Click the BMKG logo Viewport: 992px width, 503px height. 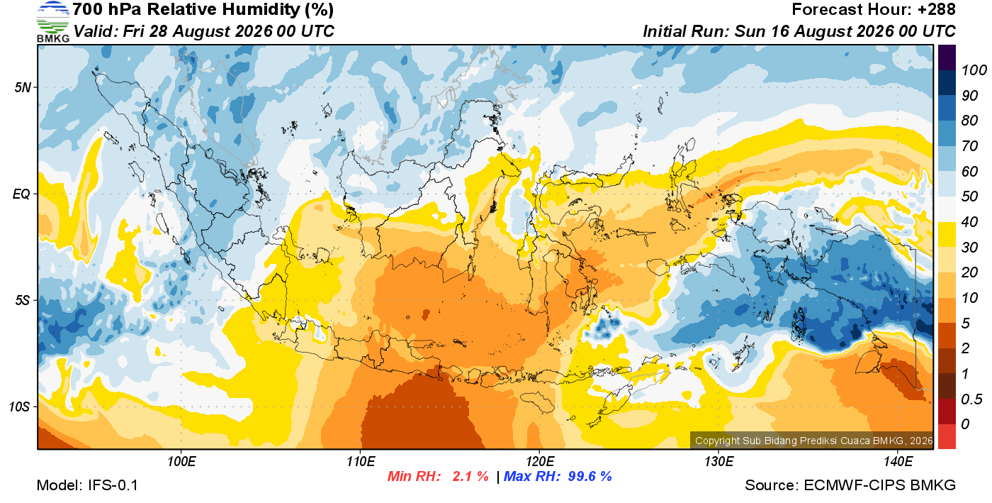pos(53,22)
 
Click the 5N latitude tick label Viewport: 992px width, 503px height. pos(23,87)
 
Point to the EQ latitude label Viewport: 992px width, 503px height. pos(21,194)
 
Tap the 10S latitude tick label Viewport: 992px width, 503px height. pos(20,407)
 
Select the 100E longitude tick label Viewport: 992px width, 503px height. pos(181,462)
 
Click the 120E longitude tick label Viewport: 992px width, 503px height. pos(540,462)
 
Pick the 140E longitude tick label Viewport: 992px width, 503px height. pos(898,462)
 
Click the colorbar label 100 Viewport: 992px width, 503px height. pos(974,70)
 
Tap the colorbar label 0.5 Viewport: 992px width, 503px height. pos(971,399)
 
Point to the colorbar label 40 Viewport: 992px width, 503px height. pos(969,222)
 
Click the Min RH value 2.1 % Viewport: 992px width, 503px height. pos(470,476)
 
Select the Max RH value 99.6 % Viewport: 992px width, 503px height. pos(590,476)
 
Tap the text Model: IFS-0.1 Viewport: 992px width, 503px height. pos(87,485)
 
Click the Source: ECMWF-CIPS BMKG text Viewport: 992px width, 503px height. pos(850,485)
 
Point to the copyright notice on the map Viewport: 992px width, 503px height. pos(814,441)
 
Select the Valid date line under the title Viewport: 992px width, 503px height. pos(204,31)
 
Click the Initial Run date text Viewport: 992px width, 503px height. pos(799,31)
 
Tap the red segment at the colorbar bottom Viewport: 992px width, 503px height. pos(947,436)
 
